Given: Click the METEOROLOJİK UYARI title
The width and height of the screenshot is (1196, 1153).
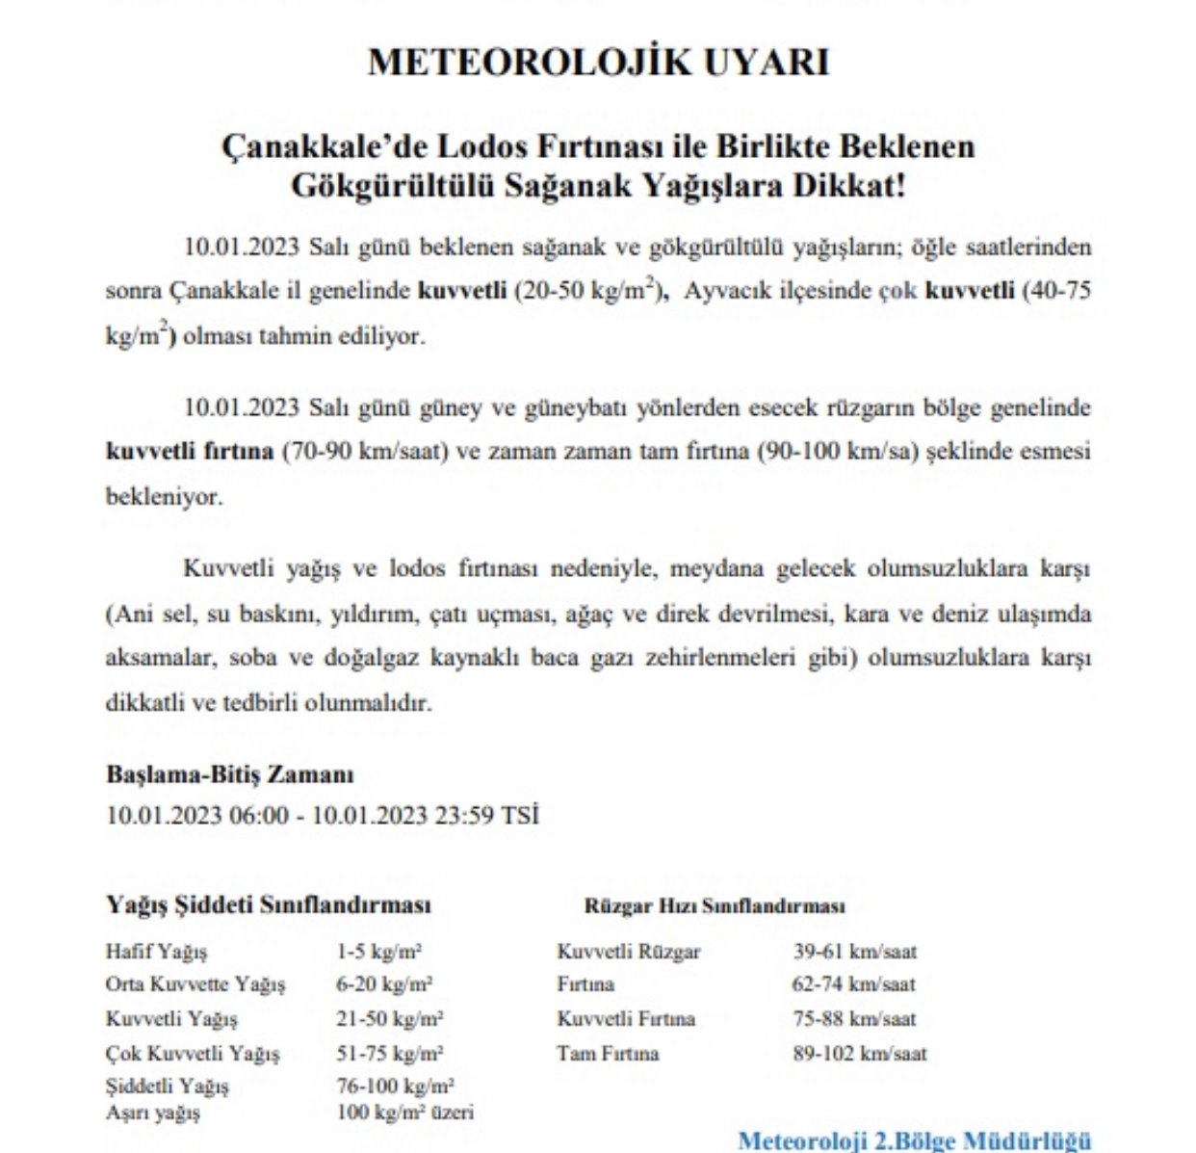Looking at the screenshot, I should tap(598, 62).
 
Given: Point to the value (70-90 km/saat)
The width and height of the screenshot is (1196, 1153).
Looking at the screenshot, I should tap(366, 452).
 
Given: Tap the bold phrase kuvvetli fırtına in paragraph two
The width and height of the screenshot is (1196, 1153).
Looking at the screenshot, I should tap(190, 452).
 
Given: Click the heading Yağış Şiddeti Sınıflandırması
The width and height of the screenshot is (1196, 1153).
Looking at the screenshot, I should tap(269, 905).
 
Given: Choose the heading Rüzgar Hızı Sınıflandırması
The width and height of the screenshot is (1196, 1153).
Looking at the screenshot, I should tap(715, 906).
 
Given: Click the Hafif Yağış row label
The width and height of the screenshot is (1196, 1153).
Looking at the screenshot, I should tap(156, 952).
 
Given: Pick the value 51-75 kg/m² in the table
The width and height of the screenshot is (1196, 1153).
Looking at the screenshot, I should tap(390, 1054).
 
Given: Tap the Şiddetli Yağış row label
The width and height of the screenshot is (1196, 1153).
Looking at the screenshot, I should tap(168, 1087).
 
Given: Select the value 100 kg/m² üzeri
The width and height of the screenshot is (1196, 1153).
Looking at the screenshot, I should tap(405, 1113).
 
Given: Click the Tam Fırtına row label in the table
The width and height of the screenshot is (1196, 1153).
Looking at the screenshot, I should tap(608, 1054).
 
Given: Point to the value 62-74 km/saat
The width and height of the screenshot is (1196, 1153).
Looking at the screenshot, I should tap(854, 984).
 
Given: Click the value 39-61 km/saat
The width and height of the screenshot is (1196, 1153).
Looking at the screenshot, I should tap(855, 952).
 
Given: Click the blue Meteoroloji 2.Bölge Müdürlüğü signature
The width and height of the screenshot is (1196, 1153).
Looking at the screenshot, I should tap(915, 1140).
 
